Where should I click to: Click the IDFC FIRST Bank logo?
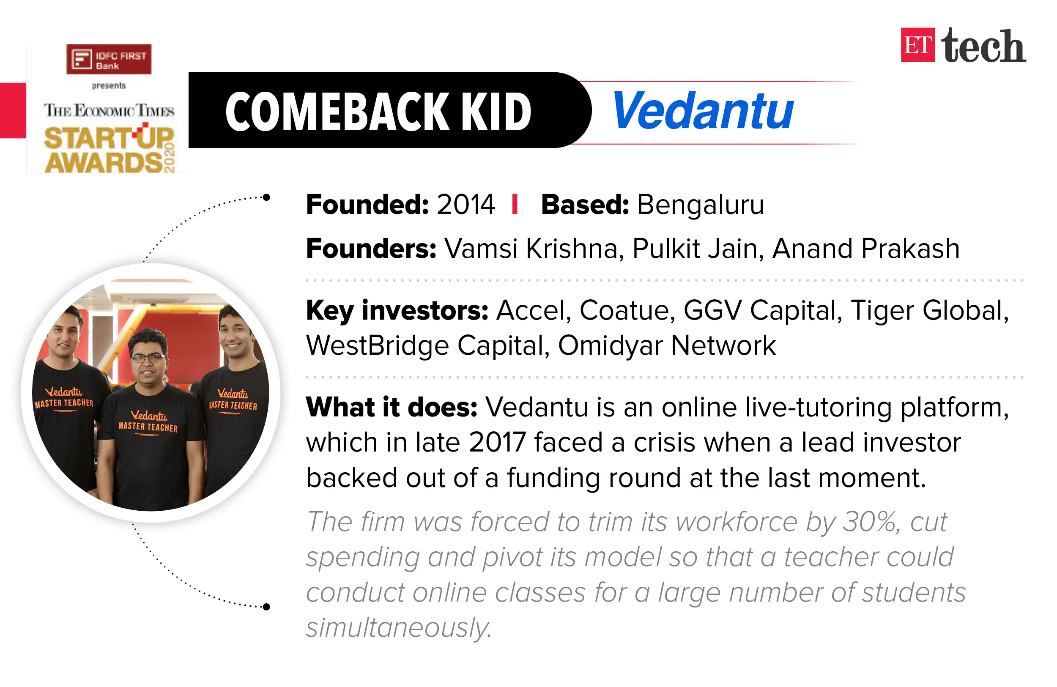click(x=109, y=60)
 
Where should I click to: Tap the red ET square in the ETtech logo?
click(x=917, y=45)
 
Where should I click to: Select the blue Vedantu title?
click(x=703, y=111)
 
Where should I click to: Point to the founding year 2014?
click(x=466, y=205)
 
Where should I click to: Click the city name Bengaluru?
click(x=701, y=205)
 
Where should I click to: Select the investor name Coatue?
click(x=627, y=310)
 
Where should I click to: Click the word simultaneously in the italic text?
click(x=398, y=628)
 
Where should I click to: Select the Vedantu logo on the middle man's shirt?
click(x=149, y=416)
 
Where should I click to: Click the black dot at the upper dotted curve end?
click(x=266, y=197)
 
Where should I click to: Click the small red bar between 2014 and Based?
click(x=515, y=205)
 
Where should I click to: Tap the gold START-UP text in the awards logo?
click(x=109, y=139)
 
